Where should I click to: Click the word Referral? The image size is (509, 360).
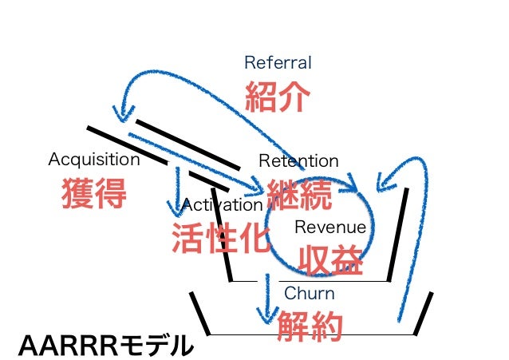278,62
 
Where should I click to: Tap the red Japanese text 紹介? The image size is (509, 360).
277,96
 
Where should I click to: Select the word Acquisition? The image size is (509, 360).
93,159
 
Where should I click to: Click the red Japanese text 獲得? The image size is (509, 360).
94,193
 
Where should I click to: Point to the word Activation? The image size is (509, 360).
222,205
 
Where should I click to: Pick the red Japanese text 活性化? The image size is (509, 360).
221,238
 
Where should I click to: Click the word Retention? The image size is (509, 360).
298,161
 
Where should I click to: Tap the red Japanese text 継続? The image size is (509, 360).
298,194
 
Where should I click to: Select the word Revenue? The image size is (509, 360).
330,227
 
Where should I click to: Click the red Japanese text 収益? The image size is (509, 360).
330,260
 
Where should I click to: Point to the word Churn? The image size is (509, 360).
309,294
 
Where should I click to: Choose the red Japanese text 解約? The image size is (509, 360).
310,326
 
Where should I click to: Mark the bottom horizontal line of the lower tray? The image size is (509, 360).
311,334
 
